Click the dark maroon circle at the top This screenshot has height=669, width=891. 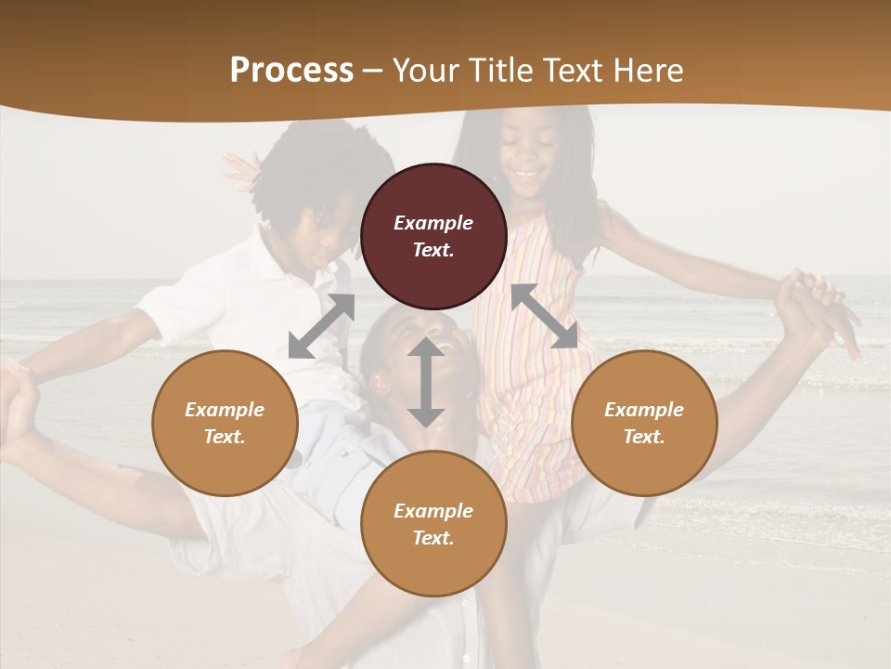pyautogui.click(x=433, y=236)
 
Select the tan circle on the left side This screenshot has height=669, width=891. pyautogui.click(x=225, y=423)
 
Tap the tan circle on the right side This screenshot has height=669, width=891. pyautogui.click(x=644, y=423)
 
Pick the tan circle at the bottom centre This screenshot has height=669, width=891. pyautogui.click(x=433, y=523)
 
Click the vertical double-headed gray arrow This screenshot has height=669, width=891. pyautogui.click(x=426, y=382)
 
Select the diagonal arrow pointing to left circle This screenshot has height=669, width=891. pyautogui.click(x=321, y=326)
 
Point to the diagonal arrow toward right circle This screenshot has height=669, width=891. pyautogui.click(x=545, y=316)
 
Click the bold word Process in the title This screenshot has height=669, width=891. pyautogui.click(x=291, y=71)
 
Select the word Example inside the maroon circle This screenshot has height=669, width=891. pyautogui.click(x=433, y=223)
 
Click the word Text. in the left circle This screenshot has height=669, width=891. pyautogui.click(x=225, y=437)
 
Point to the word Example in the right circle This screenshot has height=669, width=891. pyautogui.click(x=644, y=410)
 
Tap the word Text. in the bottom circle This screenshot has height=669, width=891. pyautogui.click(x=433, y=538)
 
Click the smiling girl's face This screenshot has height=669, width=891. pyautogui.click(x=530, y=163)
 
